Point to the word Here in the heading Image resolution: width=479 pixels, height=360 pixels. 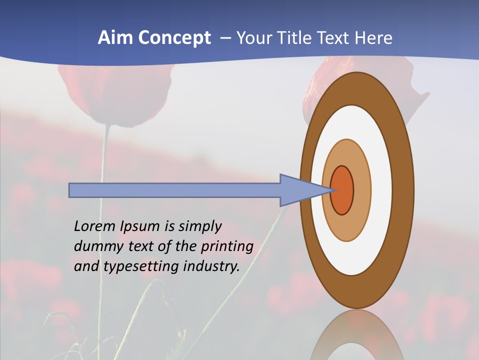[374, 38]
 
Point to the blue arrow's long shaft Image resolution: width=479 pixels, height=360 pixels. [175, 190]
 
